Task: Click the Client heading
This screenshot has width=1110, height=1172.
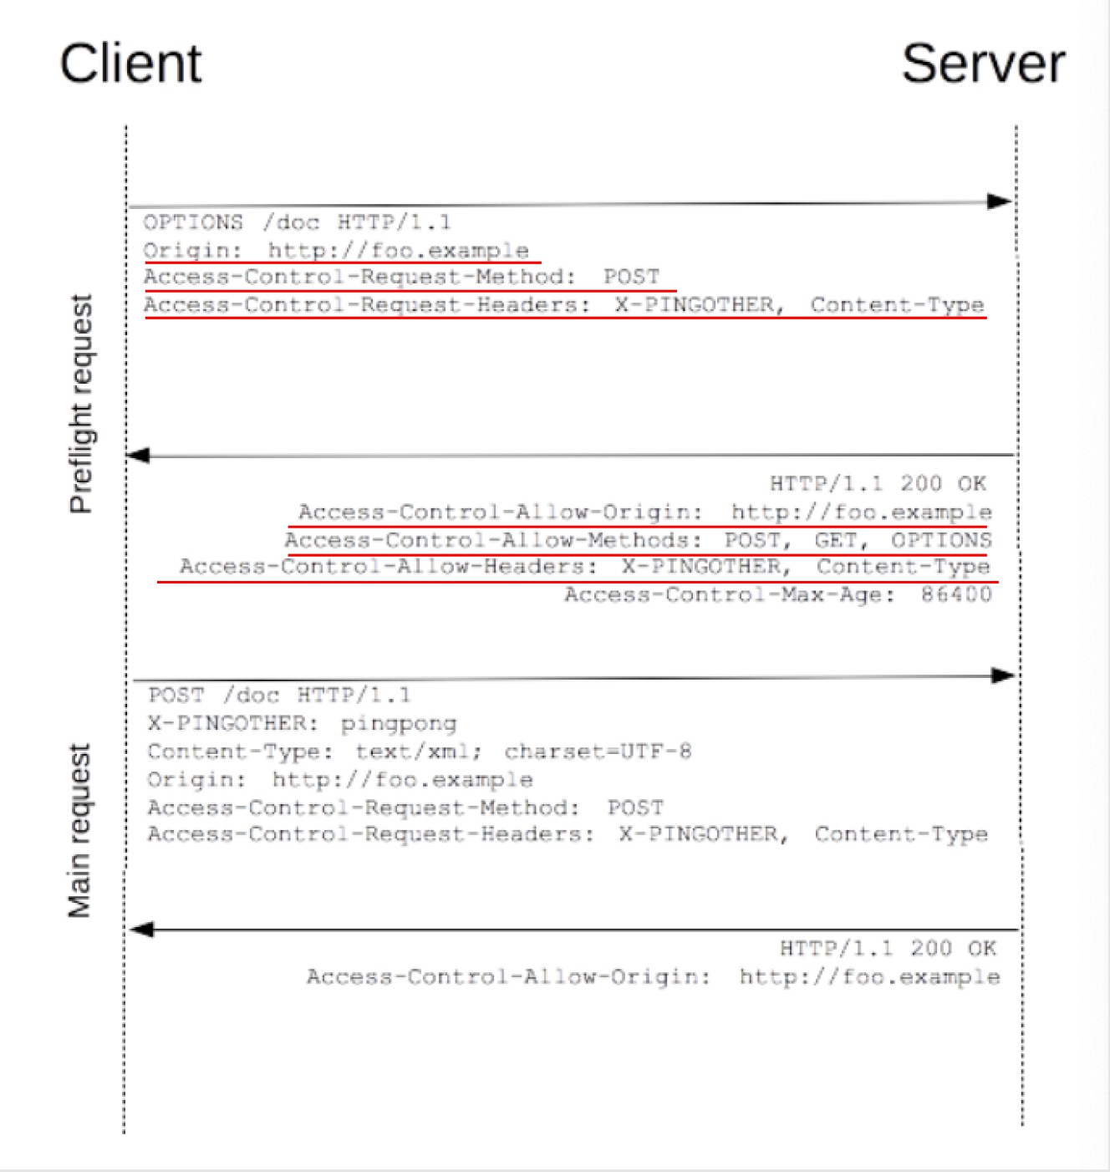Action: (130, 64)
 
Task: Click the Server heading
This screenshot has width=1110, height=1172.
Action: (983, 64)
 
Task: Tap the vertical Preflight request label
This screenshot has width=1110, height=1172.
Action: (81, 404)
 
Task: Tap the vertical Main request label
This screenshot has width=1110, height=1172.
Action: (79, 831)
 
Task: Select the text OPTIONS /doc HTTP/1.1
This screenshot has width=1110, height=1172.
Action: (297, 222)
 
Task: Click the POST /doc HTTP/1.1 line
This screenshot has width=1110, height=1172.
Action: (279, 696)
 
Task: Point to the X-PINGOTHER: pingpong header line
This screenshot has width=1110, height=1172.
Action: (302, 723)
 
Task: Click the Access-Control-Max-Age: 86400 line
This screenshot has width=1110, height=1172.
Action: (777, 594)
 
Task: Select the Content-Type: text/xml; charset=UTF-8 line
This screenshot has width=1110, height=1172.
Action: (419, 752)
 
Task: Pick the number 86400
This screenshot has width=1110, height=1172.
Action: (956, 594)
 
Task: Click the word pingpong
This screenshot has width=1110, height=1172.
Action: (398, 723)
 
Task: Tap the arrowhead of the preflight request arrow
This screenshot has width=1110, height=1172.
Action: (1000, 201)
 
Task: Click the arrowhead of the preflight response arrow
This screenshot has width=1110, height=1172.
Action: (138, 456)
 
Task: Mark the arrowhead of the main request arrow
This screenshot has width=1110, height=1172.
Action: (1003, 675)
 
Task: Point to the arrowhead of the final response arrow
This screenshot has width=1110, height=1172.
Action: (142, 930)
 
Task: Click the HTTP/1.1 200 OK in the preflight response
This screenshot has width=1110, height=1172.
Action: (878, 483)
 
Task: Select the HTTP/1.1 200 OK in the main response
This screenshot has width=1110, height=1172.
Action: (888, 948)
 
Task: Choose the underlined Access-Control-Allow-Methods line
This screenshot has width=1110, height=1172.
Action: (637, 540)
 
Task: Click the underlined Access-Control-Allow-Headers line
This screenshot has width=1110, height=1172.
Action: (584, 567)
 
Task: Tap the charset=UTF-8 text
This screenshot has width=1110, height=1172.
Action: (598, 752)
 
